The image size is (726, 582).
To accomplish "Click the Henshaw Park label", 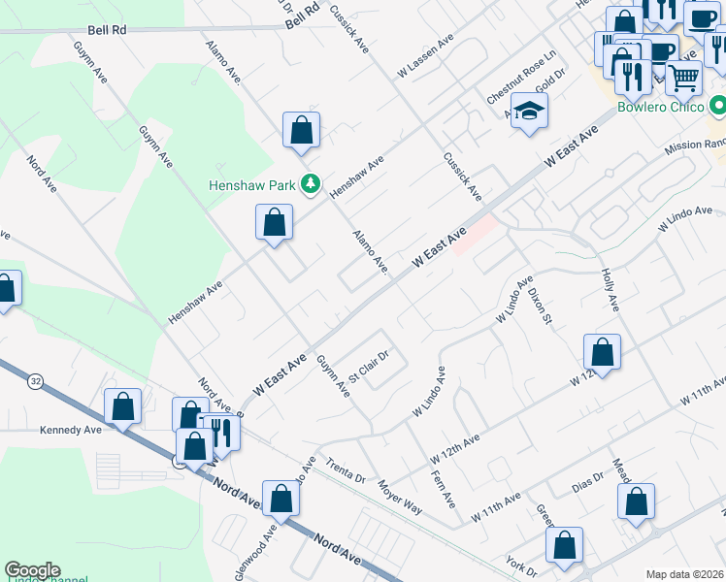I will point(256,184).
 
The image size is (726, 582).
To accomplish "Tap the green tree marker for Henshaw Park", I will point(311,183).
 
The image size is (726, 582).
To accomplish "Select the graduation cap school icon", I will point(530,113).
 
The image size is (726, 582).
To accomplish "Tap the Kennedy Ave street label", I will point(71,430).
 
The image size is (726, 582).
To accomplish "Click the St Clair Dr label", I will point(369,368).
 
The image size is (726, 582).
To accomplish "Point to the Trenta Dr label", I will point(345,470).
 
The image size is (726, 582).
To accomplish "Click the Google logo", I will point(32,570).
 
